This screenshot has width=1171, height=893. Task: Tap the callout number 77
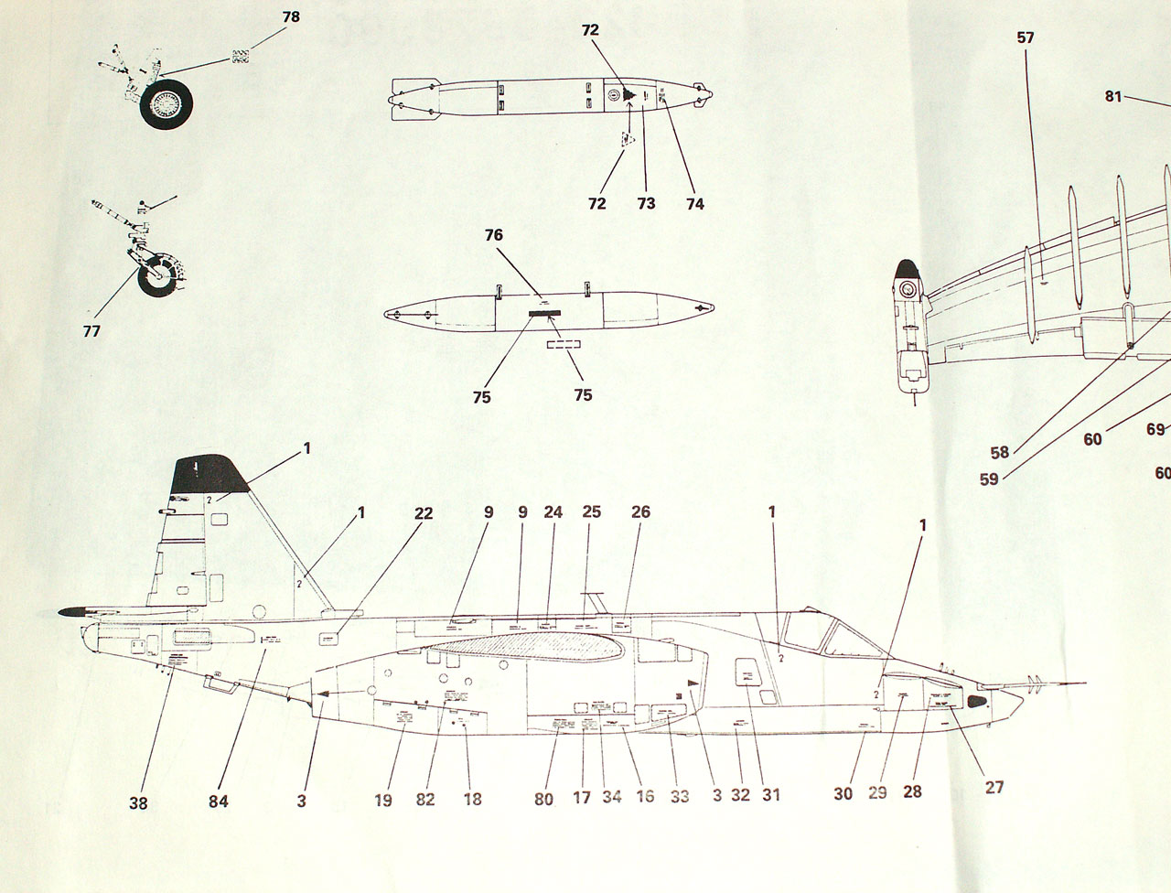(x=91, y=332)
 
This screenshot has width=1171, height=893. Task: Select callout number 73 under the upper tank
(x=646, y=203)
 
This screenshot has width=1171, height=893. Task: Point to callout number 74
(x=694, y=203)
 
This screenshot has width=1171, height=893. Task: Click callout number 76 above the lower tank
(x=494, y=235)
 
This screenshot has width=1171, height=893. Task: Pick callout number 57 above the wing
(x=1025, y=38)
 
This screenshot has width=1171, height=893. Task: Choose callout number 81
(x=1112, y=96)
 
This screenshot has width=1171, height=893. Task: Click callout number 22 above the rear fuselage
(x=423, y=513)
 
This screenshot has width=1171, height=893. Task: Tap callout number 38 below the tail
(x=138, y=804)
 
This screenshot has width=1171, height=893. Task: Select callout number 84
(x=217, y=802)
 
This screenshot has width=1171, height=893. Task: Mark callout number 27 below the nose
(x=994, y=787)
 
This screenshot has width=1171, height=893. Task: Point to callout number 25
(x=592, y=512)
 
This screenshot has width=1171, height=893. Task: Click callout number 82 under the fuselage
(x=425, y=799)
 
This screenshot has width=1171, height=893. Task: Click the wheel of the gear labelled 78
(x=166, y=103)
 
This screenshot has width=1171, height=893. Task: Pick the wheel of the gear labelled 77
(x=158, y=277)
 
